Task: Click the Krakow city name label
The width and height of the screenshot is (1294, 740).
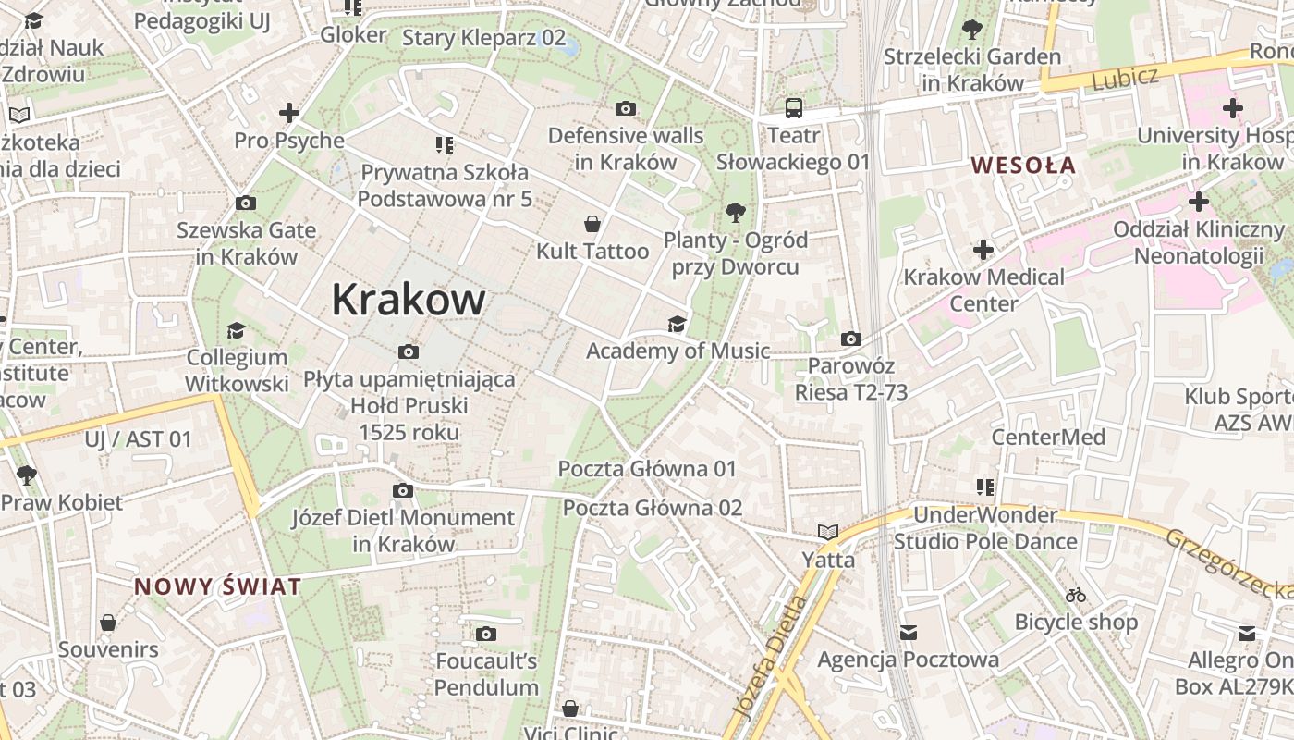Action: coord(408,300)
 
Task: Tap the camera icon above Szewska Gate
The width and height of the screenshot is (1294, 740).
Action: coord(246,203)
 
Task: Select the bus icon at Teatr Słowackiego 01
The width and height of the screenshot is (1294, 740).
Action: coord(793,108)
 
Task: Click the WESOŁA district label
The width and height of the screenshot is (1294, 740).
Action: coord(1023,166)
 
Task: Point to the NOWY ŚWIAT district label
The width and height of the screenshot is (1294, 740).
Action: coord(217,586)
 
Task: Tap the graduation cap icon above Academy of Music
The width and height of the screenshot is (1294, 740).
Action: coord(678,324)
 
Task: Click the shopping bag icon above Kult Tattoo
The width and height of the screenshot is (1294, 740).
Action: coord(592,224)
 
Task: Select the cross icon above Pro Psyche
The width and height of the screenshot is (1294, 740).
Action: coord(289,114)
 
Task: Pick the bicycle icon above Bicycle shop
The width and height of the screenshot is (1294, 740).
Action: coord(1076,595)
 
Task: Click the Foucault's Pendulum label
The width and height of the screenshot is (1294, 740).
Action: coord(486,674)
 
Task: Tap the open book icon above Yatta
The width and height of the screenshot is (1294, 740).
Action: coord(828,532)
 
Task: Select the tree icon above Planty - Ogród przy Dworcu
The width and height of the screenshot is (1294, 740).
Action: coord(736,213)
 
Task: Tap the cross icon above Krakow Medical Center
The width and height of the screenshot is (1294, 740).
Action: coord(983,250)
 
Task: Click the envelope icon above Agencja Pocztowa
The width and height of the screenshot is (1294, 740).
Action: coord(908,633)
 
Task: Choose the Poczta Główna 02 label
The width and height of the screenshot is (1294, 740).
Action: coord(653,508)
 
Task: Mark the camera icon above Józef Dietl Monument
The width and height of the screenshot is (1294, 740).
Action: coord(403,490)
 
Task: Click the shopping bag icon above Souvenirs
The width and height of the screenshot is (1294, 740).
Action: coord(108,623)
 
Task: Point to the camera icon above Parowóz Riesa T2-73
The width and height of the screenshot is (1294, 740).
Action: coord(851,339)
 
